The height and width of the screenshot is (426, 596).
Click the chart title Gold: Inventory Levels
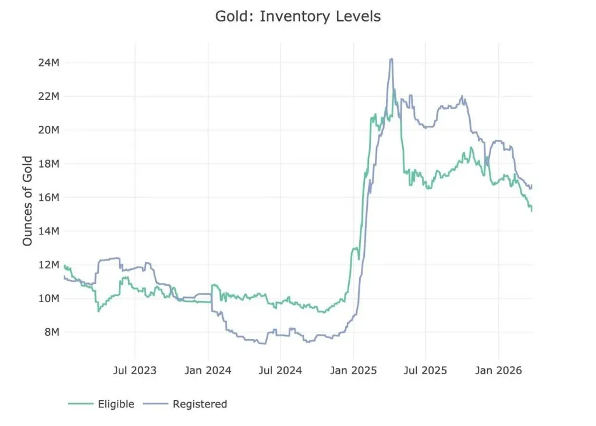(x=298, y=16)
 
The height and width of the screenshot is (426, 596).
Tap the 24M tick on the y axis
(x=49, y=62)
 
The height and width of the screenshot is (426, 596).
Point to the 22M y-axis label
(x=49, y=96)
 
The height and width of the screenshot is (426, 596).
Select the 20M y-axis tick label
(x=49, y=130)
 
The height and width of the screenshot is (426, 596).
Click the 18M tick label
(x=49, y=164)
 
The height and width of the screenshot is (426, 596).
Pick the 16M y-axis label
(x=49, y=197)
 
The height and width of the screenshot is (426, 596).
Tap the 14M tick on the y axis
(x=49, y=231)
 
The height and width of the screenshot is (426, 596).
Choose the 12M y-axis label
(x=49, y=264)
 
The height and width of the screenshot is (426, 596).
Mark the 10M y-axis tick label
(x=49, y=299)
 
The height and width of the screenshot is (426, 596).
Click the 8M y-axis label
(x=52, y=332)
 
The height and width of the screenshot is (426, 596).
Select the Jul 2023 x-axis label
(x=135, y=371)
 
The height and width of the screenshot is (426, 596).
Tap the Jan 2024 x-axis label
(x=208, y=371)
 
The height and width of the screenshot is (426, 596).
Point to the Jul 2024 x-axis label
(x=281, y=371)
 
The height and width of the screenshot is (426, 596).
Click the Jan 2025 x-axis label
(x=353, y=371)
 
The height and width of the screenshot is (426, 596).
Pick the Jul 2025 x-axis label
(x=425, y=371)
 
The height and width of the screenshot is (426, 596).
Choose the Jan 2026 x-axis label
(x=499, y=371)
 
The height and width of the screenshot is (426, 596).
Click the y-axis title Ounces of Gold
(x=27, y=201)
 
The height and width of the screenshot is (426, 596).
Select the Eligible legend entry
(x=101, y=404)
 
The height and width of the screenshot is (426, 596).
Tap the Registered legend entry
(x=185, y=404)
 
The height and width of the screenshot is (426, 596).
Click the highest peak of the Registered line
(x=392, y=59)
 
